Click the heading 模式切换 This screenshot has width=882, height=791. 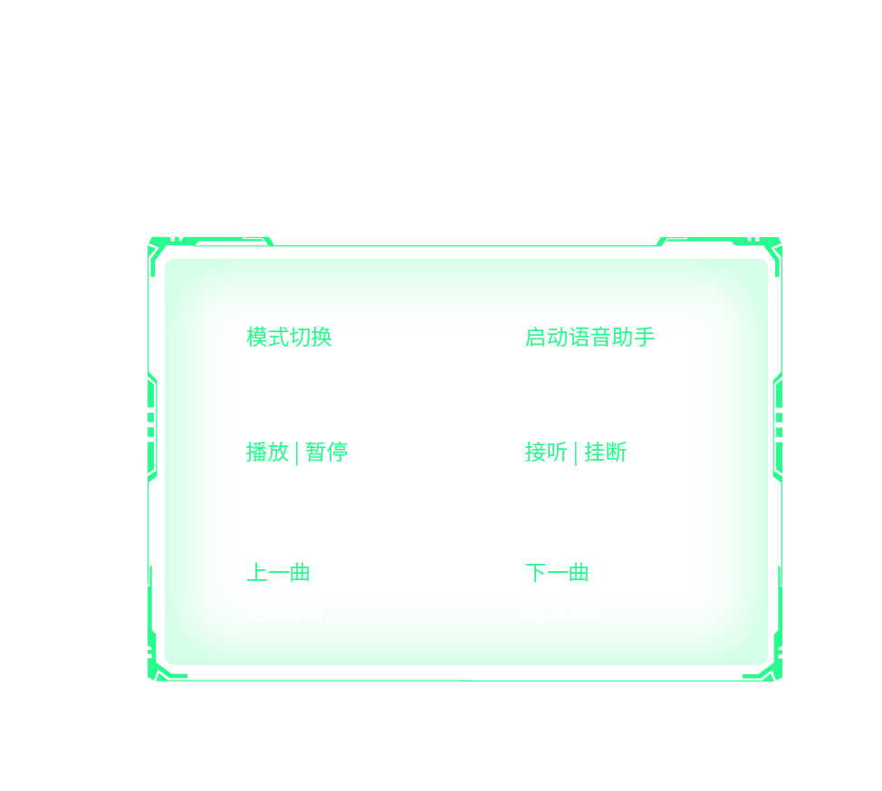tap(290, 338)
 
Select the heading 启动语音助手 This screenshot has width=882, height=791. tap(590, 338)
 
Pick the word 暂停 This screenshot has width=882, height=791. tap(326, 452)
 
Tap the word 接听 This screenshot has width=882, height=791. tap(546, 452)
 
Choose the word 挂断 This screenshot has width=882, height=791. tap(605, 452)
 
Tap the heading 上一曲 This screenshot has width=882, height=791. tap(278, 572)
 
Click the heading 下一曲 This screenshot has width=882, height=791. tap(557, 572)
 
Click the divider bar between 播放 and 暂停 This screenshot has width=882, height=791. tap(297, 452)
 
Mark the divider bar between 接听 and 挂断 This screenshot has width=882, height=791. tap(576, 452)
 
